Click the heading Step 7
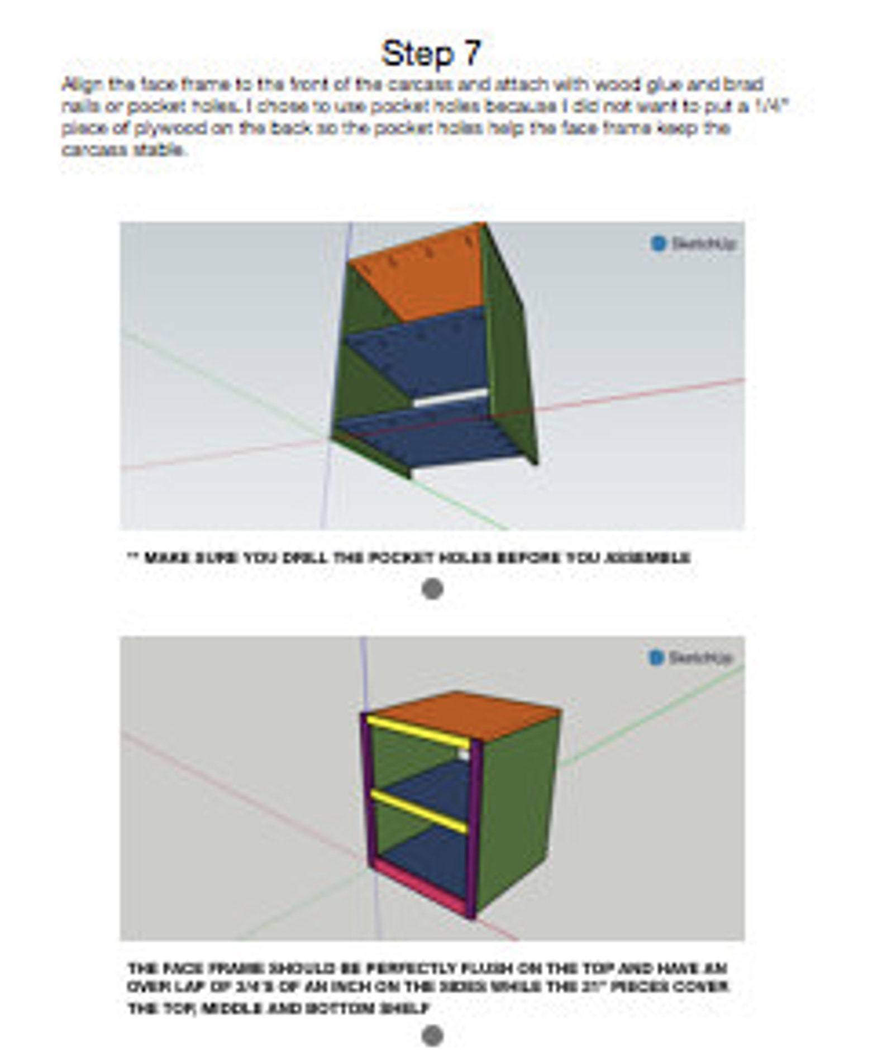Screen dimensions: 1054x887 tap(431, 54)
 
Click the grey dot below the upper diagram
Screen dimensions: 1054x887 tap(432, 589)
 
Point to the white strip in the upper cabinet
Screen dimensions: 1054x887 tap(450, 398)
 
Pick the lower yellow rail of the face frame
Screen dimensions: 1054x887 tap(419, 810)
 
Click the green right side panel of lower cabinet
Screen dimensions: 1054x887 tap(519, 810)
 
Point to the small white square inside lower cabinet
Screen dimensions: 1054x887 tap(463, 753)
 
